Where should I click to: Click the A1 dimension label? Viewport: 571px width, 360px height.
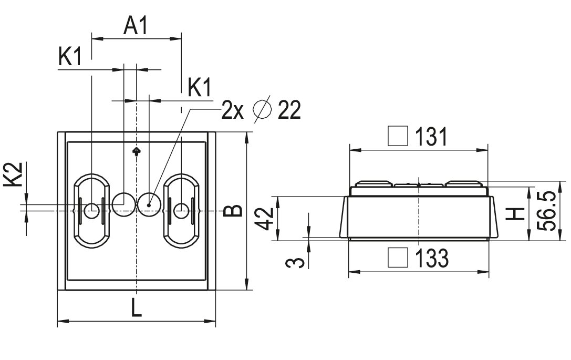coord(136,26)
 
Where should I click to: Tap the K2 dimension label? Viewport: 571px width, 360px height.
coord(16,174)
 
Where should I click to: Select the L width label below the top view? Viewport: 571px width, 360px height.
coord(136,308)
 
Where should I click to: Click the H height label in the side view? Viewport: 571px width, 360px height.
coord(519,213)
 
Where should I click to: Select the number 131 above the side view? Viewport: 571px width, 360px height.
coord(431,137)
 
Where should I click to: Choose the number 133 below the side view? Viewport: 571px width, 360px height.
coord(432,258)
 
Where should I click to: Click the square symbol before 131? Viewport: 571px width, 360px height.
coord(398,137)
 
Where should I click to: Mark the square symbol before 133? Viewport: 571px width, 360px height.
coord(398,258)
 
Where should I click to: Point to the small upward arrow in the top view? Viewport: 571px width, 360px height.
coord(137,151)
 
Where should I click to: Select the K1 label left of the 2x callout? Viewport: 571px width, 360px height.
coord(200,87)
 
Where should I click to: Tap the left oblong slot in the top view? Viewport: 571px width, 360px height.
coord(91,210)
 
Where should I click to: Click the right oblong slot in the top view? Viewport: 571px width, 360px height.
coord(181,210)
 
